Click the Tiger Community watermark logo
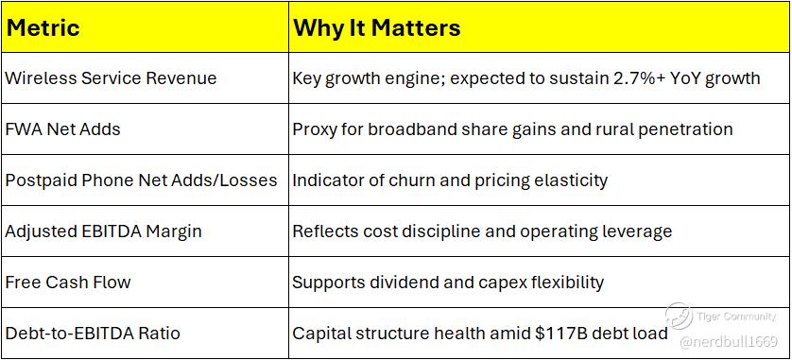[679, 317]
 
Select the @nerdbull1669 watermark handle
[729, 342]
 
